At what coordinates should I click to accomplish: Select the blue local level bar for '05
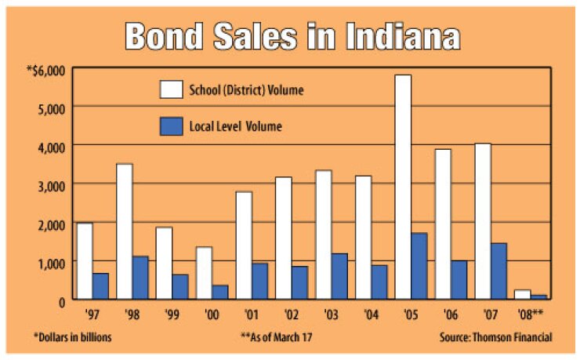pyautogui.click(x=420, y=266)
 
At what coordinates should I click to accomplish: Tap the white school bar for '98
pyautogui.click(x=125, y=231)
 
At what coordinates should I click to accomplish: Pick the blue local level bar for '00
pyautogui.click(x=220, y=291)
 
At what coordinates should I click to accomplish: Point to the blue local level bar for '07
pyautogui.click(x=499, y=271)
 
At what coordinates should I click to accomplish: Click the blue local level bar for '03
pyautogui.click(x=340, y=275)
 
